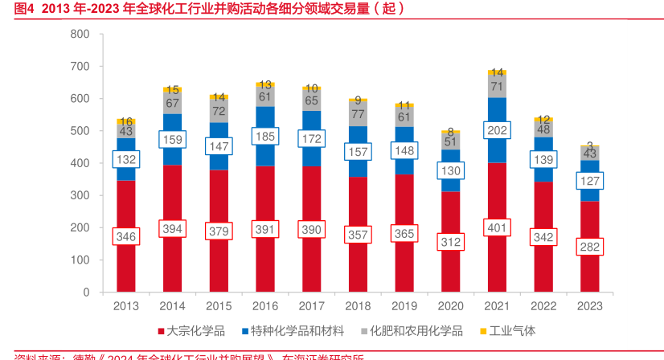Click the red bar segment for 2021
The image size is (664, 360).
(497, 265)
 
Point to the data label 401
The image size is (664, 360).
(497, 227)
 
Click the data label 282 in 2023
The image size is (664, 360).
(589, 247)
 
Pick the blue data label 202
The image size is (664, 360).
(497, 129)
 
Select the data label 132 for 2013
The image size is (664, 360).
(126, 160)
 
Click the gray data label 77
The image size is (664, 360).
(358, 114)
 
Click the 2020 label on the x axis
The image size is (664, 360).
(450, 306)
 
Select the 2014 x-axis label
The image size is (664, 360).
(172, 306)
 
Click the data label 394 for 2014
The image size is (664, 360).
(172, 229)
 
